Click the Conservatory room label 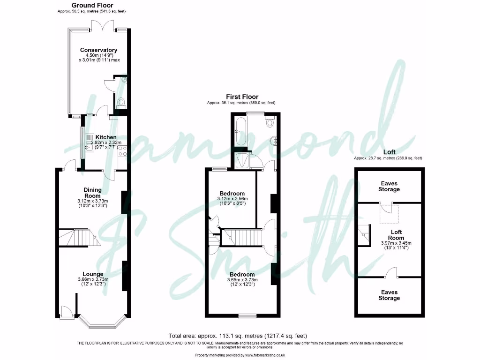(98, 50)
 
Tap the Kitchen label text (106, 137)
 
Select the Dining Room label (93, 192)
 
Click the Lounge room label (93, 274)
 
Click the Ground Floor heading (92, 5)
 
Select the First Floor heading (242, 97)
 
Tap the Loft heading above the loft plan (389, 152)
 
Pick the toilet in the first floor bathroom (270, 123)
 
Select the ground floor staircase (77, 238)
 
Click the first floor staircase (243, 237)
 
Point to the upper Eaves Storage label (390, 186)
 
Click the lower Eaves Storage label (390, 295)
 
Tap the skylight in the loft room (388, 211)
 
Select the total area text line (238, 336)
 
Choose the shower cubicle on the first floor (243, 161)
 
